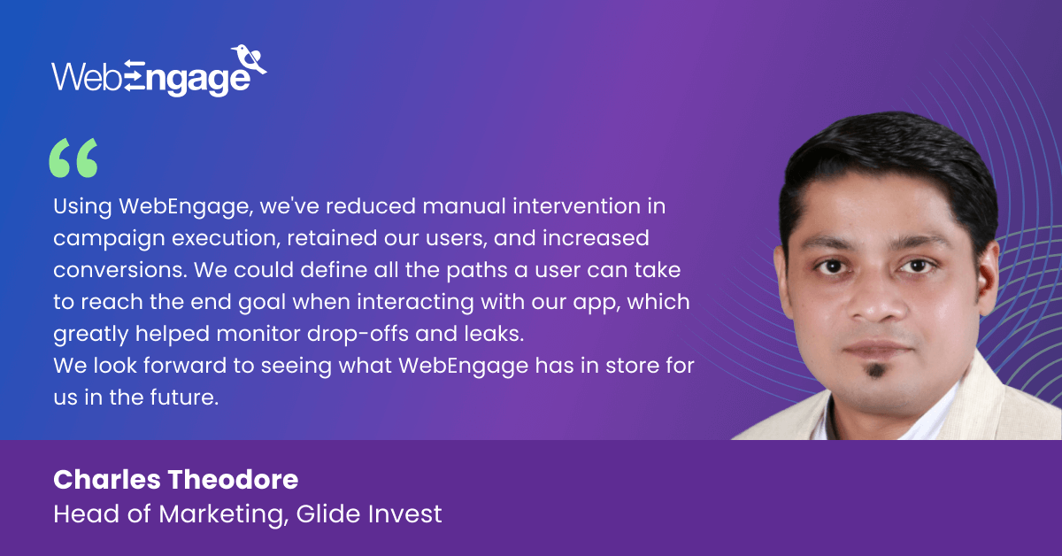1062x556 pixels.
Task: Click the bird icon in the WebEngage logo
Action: click(249, 58)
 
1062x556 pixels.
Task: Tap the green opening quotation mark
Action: click(73, 158)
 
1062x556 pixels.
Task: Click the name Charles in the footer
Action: click(107, 480)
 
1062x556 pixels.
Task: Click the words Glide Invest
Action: click(369, 514)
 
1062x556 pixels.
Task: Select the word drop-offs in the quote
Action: click(358, 334)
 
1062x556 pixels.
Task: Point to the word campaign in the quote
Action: click(109, 239)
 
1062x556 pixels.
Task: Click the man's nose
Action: click(876, 304)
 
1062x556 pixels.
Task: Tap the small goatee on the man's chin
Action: click(875, 370)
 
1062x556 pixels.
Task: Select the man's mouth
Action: click(878, 350)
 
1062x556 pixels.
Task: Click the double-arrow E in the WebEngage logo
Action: click(135, 75)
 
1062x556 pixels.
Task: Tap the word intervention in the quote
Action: click(577, 206)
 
